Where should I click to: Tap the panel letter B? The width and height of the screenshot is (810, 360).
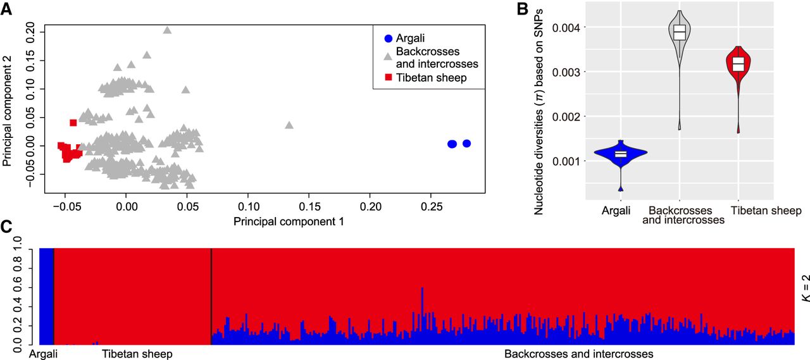pos(522,8)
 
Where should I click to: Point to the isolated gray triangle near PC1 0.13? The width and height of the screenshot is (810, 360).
pos(289,125)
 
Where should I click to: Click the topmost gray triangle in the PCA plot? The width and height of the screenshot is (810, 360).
pos(167,30)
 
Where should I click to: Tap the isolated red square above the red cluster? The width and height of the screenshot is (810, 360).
pos(73,123)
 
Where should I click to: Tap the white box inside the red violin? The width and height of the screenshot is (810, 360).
pos(738,64)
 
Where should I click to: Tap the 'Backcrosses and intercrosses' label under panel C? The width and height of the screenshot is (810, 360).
pos(578,354)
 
